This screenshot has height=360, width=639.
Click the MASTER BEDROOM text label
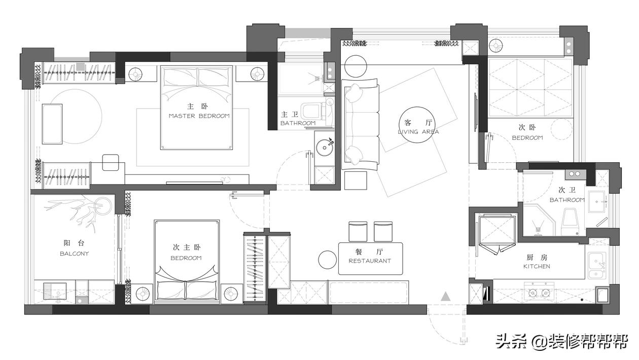click(x=199, y=116)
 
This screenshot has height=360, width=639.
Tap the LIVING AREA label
click(x=418, y=132)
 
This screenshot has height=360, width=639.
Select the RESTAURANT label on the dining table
click(x=370, y=261)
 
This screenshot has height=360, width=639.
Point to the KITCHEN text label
click(x=537, y=266)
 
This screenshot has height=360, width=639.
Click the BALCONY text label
click(x=75, y=254)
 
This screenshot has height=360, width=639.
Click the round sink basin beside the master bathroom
click(x=325, y=148)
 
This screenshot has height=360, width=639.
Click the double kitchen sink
click(x=596, y=266)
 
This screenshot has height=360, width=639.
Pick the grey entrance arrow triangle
click(x=445, y=297)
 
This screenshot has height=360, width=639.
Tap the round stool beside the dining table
click(x=328, y=260)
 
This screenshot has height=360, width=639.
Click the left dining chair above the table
click(x=358, y=231)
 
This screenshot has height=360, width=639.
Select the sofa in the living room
click(x=361, y=125)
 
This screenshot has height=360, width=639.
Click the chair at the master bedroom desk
click(x=111, y=163)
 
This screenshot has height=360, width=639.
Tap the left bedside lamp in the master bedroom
click(x=135, y=75)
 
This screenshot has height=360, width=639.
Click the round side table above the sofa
click(x=356, y=66)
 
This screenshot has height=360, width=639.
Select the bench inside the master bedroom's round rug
click(x=52, y=124)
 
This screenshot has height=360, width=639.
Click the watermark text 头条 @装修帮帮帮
click(x=562, y=341)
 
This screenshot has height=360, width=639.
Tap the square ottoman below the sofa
click(x=356, y=181)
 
